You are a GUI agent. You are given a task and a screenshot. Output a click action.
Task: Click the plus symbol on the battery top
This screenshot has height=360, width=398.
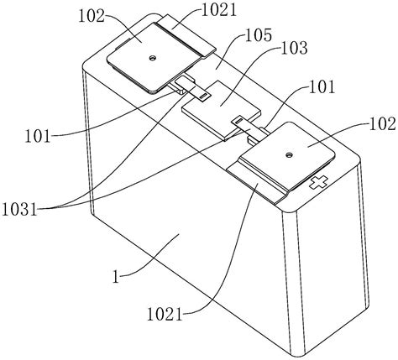coord(318,183)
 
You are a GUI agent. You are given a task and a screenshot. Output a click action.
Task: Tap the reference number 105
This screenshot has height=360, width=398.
coord(258,35)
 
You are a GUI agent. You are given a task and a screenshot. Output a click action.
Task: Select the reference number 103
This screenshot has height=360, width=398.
coord(294,48)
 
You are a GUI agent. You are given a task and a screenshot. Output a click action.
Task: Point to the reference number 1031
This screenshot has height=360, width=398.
coord(19,209)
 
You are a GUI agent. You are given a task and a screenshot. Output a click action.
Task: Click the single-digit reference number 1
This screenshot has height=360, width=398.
coord(116,276)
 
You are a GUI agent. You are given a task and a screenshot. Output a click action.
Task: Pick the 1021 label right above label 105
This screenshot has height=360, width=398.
coord(219,10)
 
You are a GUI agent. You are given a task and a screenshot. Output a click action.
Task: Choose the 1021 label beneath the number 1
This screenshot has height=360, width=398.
coord(165,315)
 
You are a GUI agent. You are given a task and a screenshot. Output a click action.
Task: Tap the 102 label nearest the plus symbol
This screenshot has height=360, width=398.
coord(383,123)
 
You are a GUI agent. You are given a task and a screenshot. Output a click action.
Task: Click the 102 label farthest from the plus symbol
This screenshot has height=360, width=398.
coord(92,16)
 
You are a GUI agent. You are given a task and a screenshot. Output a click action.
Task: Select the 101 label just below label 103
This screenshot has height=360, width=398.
coord(322,87)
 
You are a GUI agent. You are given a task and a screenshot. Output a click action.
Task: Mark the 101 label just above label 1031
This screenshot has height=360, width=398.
coord(38,137)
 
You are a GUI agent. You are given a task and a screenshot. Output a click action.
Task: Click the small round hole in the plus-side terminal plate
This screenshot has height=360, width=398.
coord(288,154)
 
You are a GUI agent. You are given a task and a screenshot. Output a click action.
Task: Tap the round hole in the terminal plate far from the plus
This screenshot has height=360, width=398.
coord(153,58)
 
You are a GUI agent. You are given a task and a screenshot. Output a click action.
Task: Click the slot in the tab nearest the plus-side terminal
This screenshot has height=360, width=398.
coord(238,122)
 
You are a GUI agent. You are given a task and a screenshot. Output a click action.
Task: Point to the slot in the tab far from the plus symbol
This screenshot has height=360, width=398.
coord(204,96)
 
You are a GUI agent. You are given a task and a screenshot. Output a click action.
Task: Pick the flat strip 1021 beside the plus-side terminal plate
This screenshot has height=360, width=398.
coord(258,185)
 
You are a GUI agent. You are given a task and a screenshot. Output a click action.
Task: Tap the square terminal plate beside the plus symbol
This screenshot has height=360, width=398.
coord(288,155)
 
